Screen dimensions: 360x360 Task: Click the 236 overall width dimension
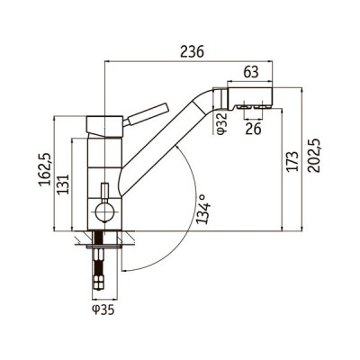pos(190,51)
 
